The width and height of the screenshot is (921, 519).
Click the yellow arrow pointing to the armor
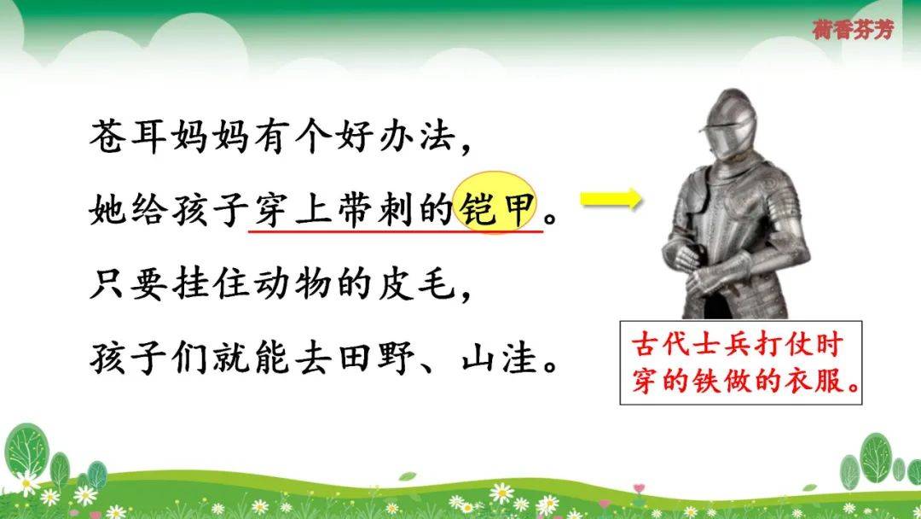coord(611,199)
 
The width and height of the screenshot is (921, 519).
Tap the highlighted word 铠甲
coord(497,208)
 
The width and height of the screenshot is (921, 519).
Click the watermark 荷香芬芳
coord(853,29)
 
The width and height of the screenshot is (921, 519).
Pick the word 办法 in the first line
coord(416,137)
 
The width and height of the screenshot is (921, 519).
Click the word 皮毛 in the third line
coord(416,283)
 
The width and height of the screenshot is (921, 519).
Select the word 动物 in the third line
coord(293,283)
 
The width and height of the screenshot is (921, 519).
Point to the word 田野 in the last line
coord(376,357)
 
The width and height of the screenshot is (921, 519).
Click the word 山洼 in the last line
coord(500,357)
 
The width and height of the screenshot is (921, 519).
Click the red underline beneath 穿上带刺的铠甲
coord(396,231)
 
